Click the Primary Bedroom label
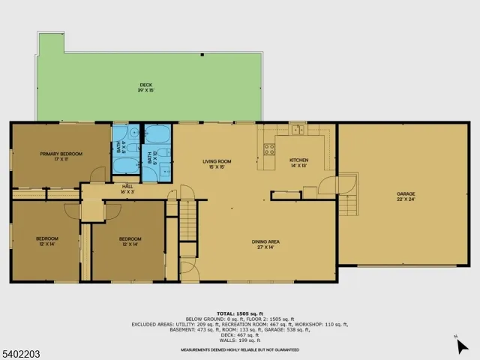pyautogui.click(x=61, y=154)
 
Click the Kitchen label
pyautogui.click(x=298, y=160)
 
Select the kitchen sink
pyautogui.click(x=298, y=130)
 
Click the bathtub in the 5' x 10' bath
pyautogui.click(x=158, y=137)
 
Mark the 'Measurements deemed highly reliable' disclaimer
pyautogui.click(x=239, y=349)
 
